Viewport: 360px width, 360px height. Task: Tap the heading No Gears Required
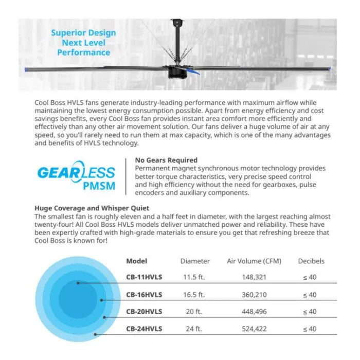[166, 160]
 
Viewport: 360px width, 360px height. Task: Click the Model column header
[136, 261]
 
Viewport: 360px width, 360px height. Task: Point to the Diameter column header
[195, 261]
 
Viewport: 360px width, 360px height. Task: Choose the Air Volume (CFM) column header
[254, 261]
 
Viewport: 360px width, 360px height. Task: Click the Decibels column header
[311, 261]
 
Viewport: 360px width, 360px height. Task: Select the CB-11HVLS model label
[144, 278]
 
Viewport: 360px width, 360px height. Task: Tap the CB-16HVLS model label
[144, 295]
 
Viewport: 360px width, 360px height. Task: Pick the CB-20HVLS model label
[144, 312]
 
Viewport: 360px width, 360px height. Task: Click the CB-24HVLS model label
[144, 329]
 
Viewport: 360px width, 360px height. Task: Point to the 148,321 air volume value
[254, 278]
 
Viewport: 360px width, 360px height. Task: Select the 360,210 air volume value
[254, 295]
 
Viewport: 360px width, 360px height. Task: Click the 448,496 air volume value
[254, 312]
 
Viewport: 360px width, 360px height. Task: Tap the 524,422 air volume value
[254, 329]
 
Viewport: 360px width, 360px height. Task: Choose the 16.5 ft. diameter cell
[194, 295]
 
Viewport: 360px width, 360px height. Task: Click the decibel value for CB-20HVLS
[310, 312]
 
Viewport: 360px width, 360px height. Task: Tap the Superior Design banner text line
[83, 33]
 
